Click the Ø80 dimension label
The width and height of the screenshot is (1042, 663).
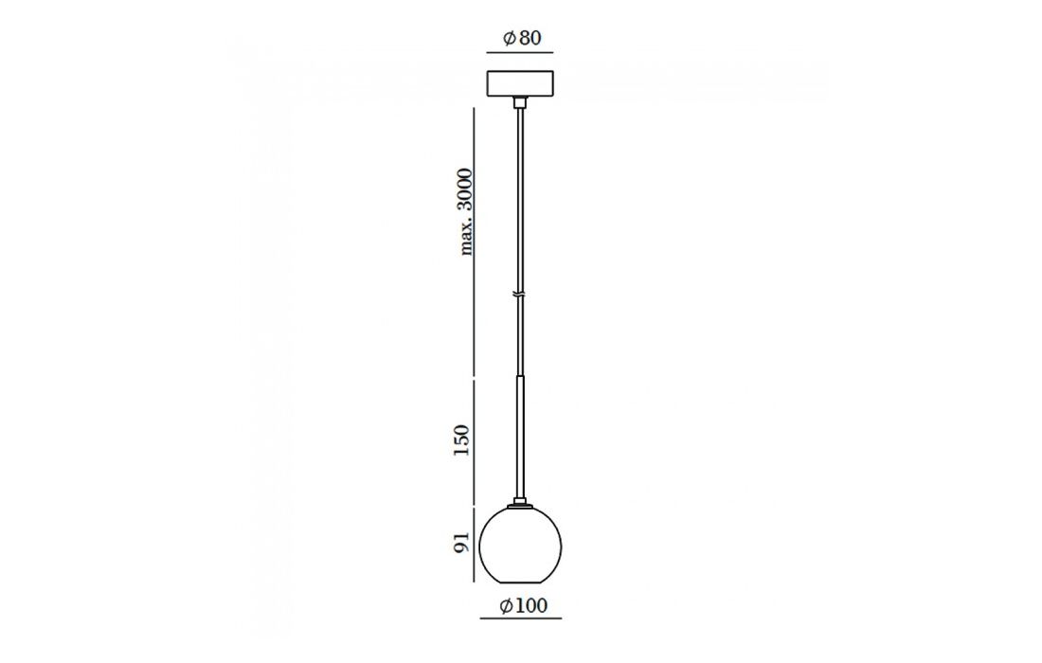pyautogui.click(x=522, y=39)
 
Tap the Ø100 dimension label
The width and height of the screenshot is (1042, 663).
pyautogui.click(x=523, y=606)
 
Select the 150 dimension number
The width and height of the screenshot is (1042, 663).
pyautogui.click(x=461, y=439)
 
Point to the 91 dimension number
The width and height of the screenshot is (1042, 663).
pyautogui.click(x=462, y=542)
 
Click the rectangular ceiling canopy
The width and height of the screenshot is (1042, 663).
pyautogui.click(x=520, y=83)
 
